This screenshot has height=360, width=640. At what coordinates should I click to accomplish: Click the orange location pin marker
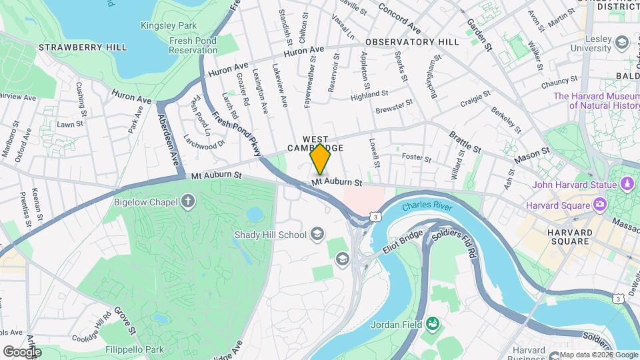[x=321, y=159]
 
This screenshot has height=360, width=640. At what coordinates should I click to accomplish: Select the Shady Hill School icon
[x=317, y=234]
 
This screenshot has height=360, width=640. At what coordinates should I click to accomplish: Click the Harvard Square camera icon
[x=599, y=203]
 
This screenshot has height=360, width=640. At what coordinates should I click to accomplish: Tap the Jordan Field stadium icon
[x=432, y=324]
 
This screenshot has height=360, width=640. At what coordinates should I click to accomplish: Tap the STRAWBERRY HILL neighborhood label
[x=73, y=47]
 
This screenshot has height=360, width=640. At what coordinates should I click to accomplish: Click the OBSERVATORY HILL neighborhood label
[x=412, y=42]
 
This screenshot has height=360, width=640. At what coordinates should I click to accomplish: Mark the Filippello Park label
[x=134, y=349]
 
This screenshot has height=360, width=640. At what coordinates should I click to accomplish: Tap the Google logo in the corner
[x=22, y=351]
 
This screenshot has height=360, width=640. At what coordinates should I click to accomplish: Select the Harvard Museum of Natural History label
[x=596, y=101]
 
